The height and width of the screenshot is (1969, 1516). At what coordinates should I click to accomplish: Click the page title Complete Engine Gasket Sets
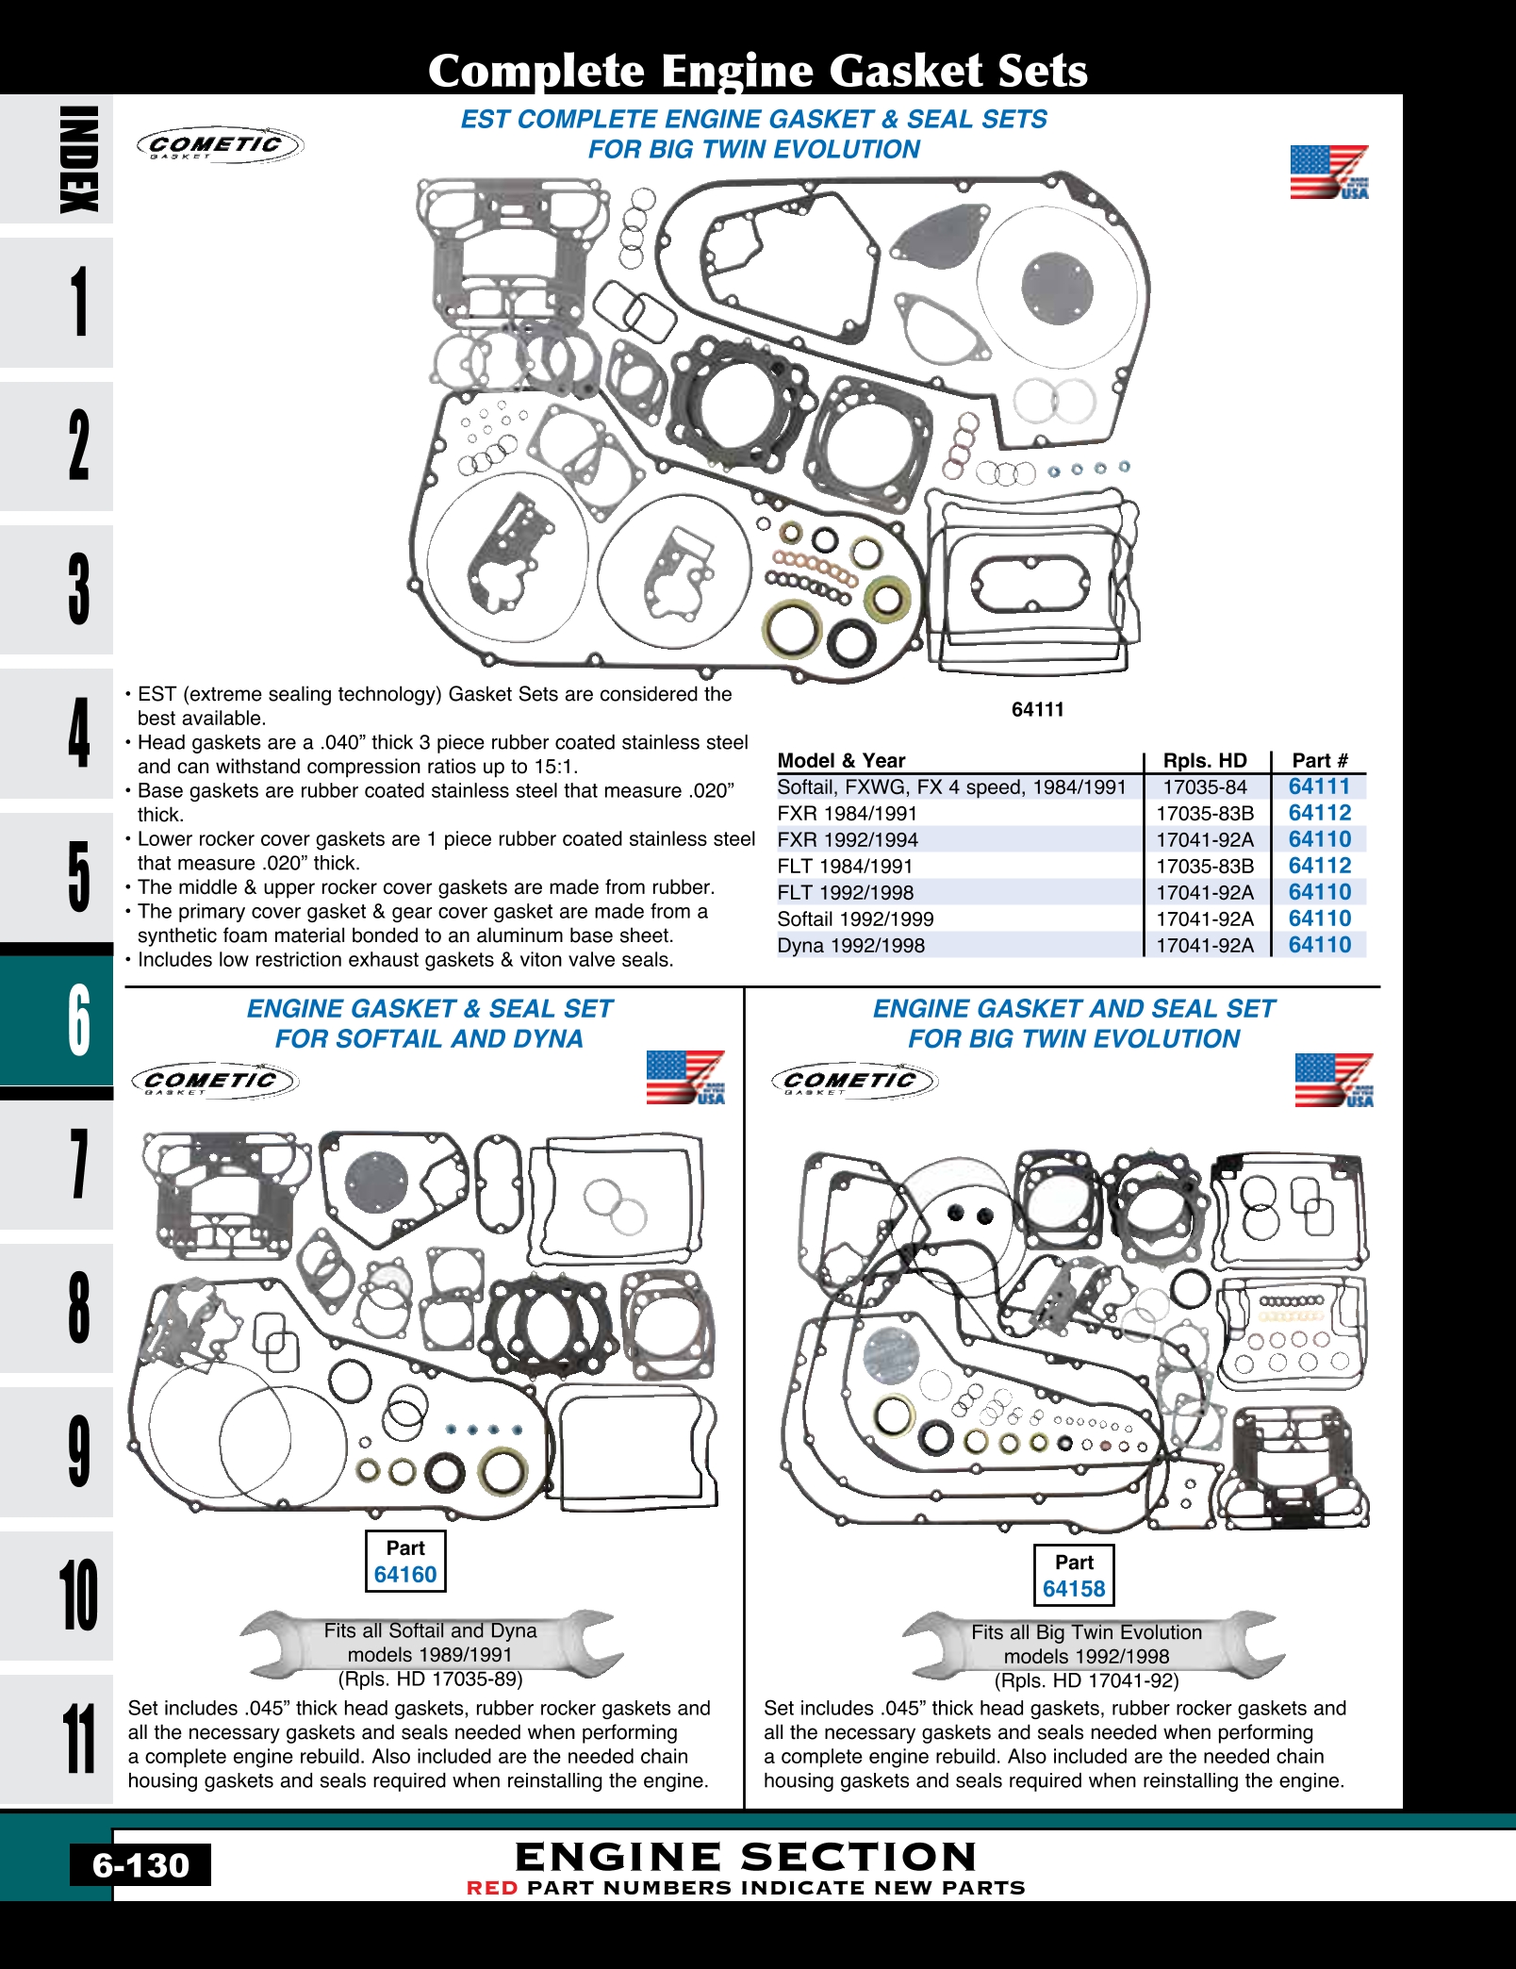757,71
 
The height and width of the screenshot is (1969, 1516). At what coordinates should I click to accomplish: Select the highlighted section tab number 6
77,1020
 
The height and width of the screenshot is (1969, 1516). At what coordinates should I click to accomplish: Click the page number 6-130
140,1864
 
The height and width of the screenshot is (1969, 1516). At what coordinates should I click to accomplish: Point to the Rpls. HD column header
1204,761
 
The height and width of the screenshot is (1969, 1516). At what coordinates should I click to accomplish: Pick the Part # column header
1319,761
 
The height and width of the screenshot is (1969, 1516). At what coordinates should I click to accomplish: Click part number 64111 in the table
1319,786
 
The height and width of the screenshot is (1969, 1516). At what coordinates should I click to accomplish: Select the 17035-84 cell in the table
1204,787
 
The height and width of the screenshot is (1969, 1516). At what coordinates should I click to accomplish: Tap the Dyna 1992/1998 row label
850,946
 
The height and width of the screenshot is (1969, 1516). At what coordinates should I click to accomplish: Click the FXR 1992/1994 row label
847,840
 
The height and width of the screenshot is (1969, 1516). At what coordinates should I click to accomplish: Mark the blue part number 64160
405,1574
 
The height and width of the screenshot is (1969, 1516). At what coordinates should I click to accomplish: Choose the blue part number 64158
1073,1589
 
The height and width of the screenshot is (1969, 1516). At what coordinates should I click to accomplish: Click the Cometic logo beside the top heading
219,145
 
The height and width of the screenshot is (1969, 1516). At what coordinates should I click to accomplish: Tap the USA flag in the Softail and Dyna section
685,1078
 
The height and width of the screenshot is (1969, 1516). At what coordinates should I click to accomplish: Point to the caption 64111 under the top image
1037,710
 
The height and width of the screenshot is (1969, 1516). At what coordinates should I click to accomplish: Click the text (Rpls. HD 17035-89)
430,1679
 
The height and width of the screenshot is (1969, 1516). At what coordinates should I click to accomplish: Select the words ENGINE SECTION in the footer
745,1857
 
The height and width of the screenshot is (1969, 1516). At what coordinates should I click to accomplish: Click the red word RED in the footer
492,1888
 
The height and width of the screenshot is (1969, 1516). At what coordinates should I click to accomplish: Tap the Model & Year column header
841,761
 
